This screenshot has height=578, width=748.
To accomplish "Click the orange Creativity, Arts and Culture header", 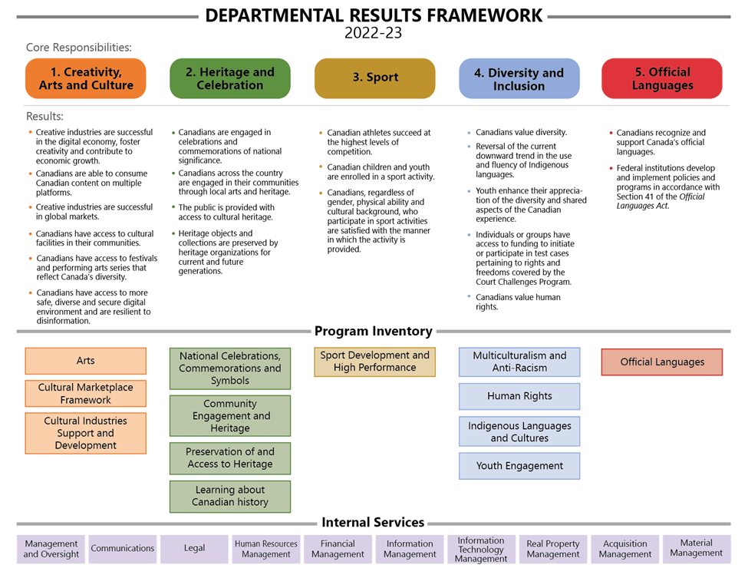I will (86, 78).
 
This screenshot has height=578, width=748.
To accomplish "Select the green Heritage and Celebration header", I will (230, 78).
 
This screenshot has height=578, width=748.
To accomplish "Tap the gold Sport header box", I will (375, 78).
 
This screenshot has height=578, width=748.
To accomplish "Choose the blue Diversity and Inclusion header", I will (519, 78).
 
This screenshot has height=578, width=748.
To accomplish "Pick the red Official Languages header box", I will (662, 78).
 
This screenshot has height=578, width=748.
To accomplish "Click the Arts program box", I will (86, 361).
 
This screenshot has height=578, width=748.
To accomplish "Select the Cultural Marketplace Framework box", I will (86, 394).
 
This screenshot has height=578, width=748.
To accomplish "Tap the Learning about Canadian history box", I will (230, 496).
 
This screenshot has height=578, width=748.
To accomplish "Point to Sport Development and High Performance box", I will (375, 362).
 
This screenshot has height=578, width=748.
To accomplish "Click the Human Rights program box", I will (519, 396).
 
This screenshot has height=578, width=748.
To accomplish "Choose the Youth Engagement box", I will (519, 465).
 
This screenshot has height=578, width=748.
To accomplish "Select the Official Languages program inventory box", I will (662, 362).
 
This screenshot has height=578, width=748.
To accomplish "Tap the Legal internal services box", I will (195, 549).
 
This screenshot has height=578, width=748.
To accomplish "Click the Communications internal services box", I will (123, 549).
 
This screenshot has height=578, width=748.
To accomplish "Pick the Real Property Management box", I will (553, 549).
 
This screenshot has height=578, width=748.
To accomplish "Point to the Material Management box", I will (697, 548).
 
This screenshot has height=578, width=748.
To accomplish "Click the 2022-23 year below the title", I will (373, 33).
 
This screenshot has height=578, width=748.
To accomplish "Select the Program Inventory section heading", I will (374, 332).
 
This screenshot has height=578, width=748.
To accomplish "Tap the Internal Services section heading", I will (373, 523).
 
